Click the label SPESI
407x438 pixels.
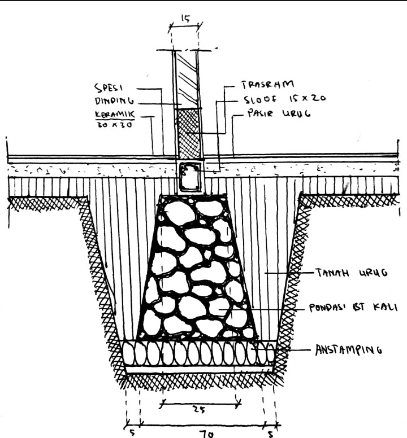pos(112,89)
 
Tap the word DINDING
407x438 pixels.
pos(114,102)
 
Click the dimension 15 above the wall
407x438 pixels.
pos(185,18)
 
